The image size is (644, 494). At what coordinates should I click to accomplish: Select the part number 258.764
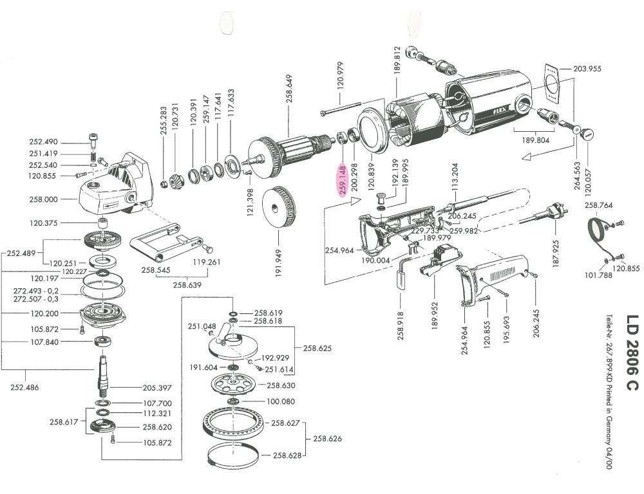click(x=599, y=205)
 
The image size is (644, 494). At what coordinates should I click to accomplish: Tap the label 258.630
click(x=281, y=385)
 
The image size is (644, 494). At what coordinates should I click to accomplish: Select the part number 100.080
click(x=281, y=401)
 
